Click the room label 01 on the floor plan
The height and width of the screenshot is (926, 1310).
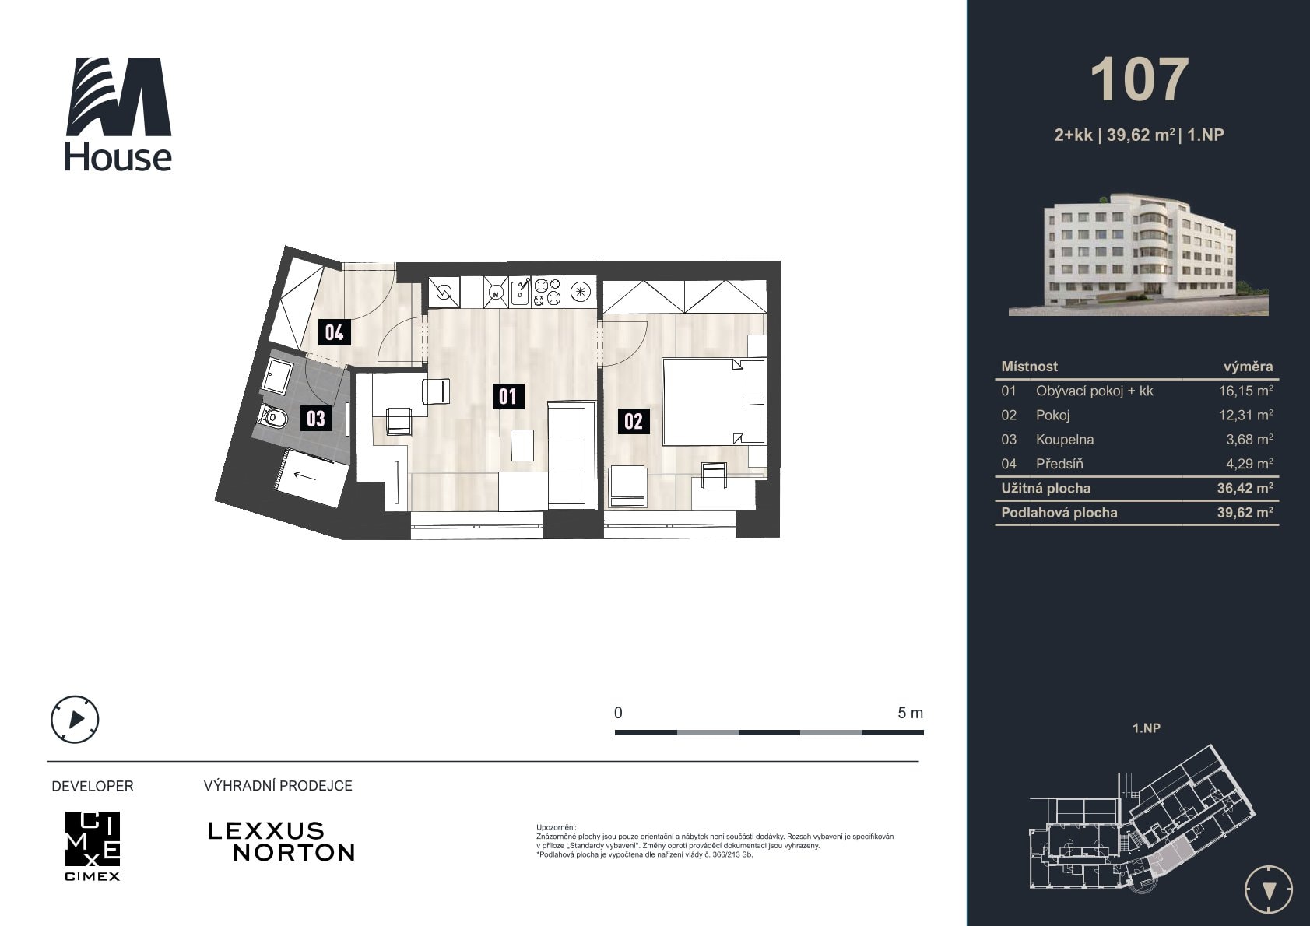pyautogui.click(x=507, y=396)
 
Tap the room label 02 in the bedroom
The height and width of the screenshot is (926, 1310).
pyautogui.click(x=634, y=421)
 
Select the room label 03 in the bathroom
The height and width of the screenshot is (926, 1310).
pyautogui.click(x=316, y=418)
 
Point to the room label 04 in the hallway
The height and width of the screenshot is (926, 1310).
pyautogui.click(x=334, y=332)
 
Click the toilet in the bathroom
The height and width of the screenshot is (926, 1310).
pyautogui.click(x=272, y=417)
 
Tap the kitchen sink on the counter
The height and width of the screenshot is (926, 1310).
pyautogui.click(x=520, y=291)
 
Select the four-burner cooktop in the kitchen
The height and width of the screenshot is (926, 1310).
pyautogui.click(x=547, y=292)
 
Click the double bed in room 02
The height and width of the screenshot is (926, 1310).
pyautogui.click(x=713, y=402)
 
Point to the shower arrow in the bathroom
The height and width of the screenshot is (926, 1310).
pyautogui.click(x=304, y=476)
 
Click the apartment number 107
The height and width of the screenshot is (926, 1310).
pyautogui.click(x=1140, y=80)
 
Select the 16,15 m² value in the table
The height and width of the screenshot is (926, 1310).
pyautogui.click(x=1245, y=391)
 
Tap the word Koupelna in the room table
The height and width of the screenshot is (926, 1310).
pyautogui.click(x=1064, y=440)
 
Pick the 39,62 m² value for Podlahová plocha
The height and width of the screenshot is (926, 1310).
pyautogui.click(x=1245, y=513)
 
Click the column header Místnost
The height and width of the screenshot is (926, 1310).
pyautogui.click(x=1029, y=367)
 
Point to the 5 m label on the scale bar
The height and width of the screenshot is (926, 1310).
pyautogui.click(x=910, y=713)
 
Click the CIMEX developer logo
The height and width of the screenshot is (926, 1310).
pyautogui.click(x=93, y=845)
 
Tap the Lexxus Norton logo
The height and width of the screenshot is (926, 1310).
pyautogui.click(x=281, y=842)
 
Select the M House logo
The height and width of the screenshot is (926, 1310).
pyautogui.click(x=118, y=114)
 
